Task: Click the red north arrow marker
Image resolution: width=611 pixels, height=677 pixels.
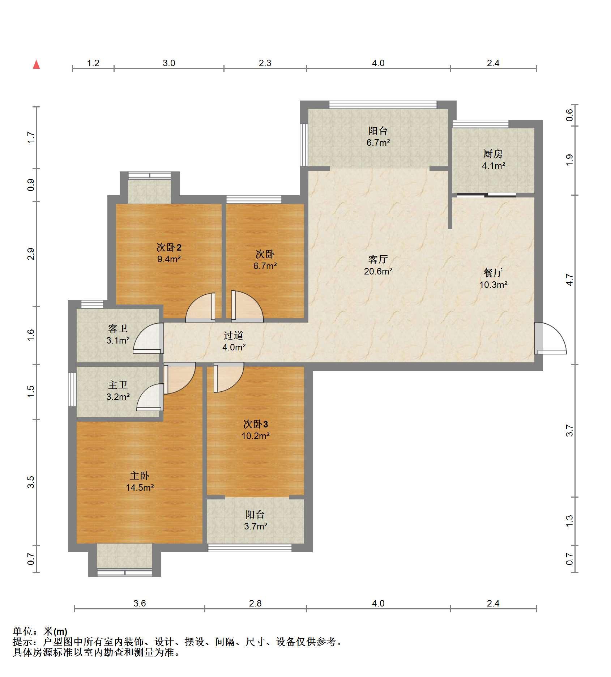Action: pos(36,64)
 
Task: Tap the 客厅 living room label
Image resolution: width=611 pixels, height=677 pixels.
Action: pos(378,259)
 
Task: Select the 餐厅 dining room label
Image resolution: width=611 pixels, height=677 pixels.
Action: pos(493,272)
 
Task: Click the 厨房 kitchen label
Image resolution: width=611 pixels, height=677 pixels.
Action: pos(493,154)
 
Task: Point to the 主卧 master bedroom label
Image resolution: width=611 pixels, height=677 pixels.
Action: pos(140,476)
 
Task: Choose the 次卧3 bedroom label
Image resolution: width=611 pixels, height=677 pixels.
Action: pos(256,424)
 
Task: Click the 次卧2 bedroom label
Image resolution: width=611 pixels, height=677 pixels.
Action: pos(169,247)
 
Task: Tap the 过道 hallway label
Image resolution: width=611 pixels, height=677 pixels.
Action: pos(234,335)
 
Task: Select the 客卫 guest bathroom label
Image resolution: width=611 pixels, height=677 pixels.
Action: pos(118,328)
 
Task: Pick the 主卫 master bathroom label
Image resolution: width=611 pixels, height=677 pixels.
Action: pos(118,385)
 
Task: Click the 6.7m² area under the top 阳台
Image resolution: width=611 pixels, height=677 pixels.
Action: pos(378,142)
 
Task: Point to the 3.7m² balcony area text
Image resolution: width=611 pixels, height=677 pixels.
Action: pos(256,526)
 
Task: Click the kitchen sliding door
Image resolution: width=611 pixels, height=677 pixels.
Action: pos(486,195)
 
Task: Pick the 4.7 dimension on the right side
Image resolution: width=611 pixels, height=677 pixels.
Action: pos(569,280)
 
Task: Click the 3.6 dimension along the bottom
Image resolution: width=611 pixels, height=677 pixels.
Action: pos(140,603)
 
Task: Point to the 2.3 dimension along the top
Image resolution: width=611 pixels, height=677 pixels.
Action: pos(265,63)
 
